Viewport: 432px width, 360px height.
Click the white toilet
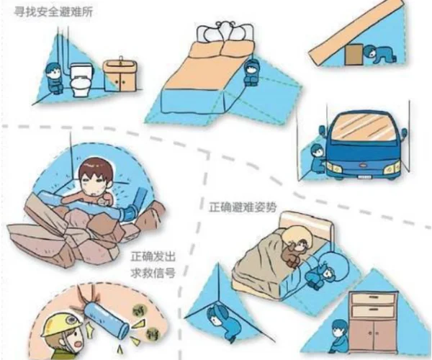pos(80,80)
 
